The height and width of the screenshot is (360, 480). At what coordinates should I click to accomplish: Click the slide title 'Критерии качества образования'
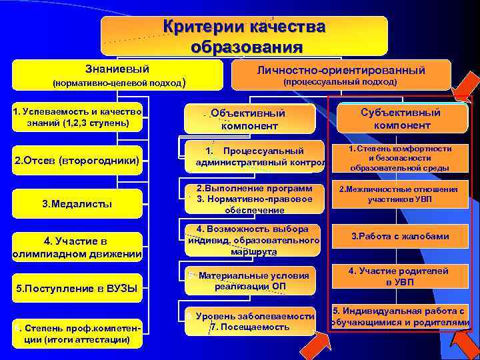click(245, 37)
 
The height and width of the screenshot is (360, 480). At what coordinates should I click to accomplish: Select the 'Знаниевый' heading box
click(117, 75)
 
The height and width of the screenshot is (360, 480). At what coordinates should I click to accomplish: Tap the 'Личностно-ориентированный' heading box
click(341, 75)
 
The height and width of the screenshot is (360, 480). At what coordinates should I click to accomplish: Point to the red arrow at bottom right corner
click(461, 343)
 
